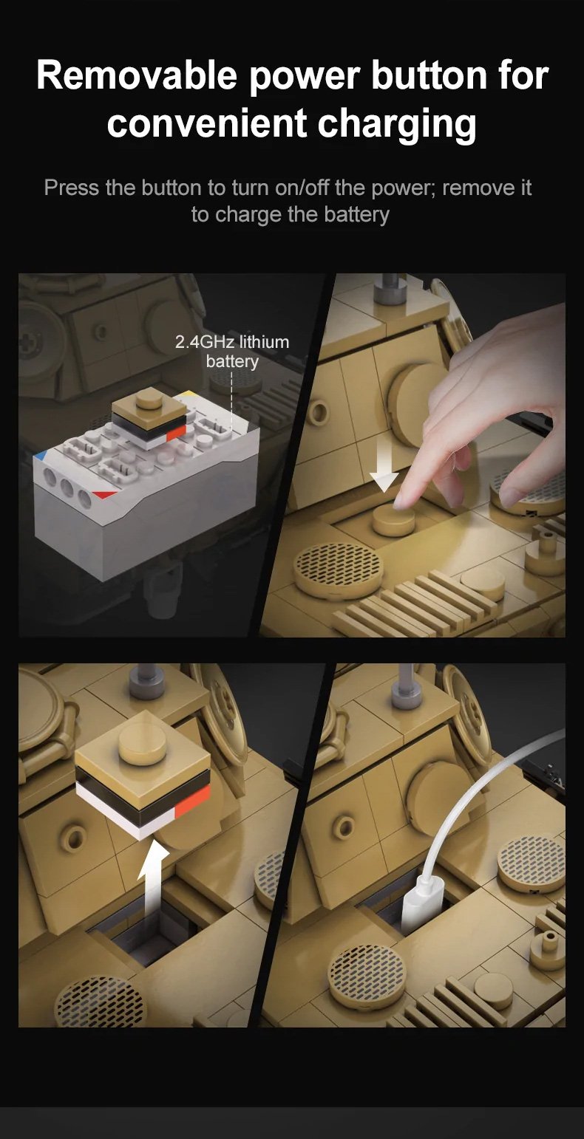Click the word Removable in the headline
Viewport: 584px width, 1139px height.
click(x=136, y=75)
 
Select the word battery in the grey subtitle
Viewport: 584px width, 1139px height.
click(x=356, y=214)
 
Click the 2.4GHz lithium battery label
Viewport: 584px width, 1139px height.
click(x=232, y=352)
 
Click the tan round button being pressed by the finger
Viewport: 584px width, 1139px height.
click(x=393, y=518)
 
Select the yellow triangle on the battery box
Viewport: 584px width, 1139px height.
click(x=187, y=394)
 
